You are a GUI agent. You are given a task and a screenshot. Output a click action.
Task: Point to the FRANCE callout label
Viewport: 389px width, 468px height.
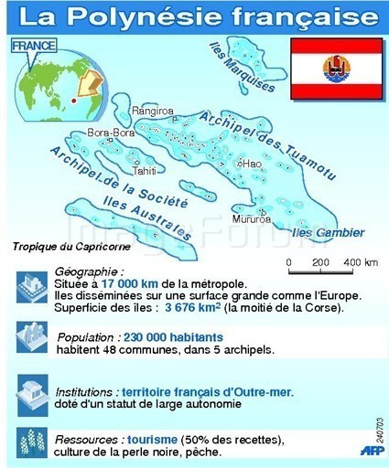[34, 44]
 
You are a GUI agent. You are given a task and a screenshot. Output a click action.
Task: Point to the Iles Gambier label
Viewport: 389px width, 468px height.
[328, 233]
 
